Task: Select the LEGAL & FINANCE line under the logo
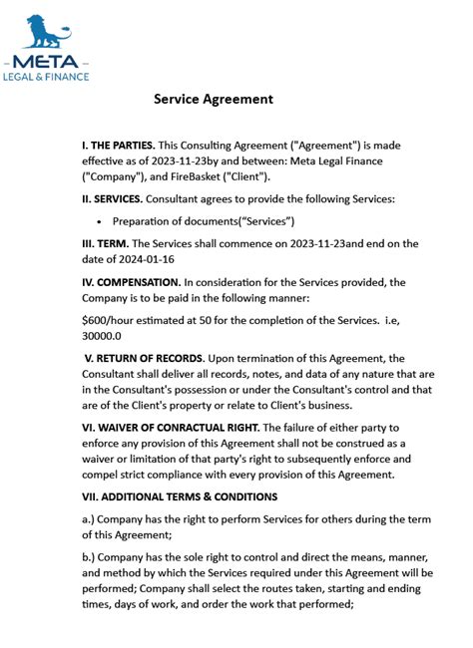pos(46,76)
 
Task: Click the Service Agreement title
pos(213,100)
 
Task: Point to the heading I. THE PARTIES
pos(118,146)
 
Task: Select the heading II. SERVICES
pos(112,199)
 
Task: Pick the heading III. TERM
pos(104,243)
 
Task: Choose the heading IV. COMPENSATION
pos(131,282)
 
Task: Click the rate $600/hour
pos(110,320)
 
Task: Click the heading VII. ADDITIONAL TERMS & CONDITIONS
pos(180,496)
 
